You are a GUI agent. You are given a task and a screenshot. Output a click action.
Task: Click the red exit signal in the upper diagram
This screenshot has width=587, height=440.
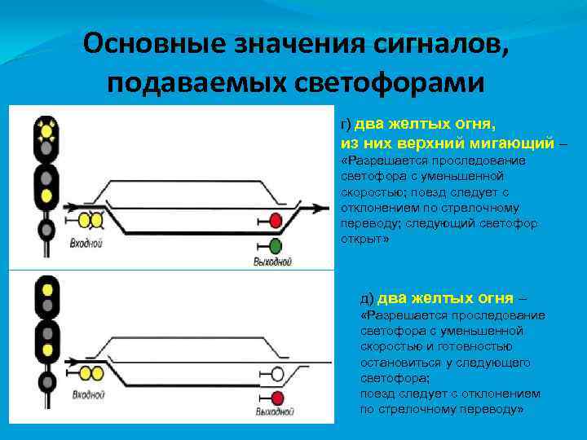(275, 220)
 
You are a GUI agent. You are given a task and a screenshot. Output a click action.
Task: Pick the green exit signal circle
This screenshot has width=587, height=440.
(275, 245)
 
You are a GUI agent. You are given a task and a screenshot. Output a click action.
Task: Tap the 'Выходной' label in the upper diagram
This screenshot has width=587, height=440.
(273, 262)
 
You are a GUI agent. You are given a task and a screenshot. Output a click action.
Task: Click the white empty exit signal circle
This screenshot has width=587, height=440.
(277, 374)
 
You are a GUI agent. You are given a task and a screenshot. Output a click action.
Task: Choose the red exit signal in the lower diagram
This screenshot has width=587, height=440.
(277, 397)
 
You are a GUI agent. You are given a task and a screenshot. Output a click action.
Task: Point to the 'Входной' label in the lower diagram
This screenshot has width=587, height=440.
(88, 394)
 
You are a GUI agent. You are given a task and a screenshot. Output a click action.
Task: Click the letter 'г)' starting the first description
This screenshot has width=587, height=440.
(346, 125)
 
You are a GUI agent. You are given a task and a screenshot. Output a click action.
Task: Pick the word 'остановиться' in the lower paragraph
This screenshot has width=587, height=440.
(395, 362)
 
